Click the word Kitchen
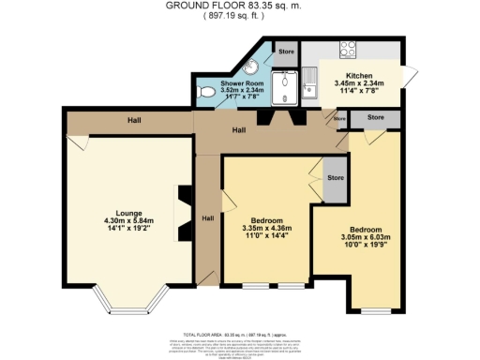pos(360,75)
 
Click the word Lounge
pos(128,211)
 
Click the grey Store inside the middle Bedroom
pos(332,178)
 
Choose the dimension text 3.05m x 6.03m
pos(366,238)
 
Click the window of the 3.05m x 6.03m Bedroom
pos(378,309)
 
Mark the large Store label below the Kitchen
pos(375,117)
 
